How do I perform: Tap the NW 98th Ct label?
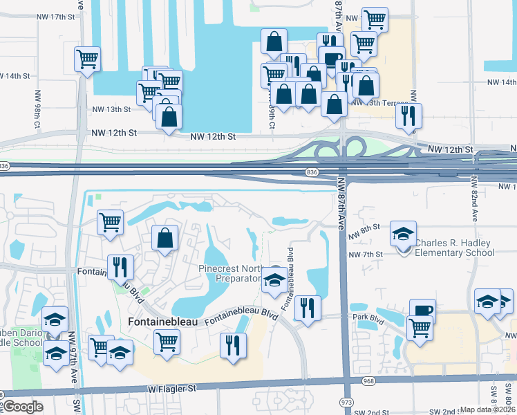[35, 109]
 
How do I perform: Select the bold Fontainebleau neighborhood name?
[163, 322]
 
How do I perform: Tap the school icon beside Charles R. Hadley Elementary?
[404, 234]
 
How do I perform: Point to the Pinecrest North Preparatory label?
[232, 273]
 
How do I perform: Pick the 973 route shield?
[347, 402]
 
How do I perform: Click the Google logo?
[23, 407]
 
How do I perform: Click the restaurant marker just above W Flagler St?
[233, 344]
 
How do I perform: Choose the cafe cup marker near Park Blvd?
[422, 311]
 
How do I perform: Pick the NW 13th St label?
[111, 109]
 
